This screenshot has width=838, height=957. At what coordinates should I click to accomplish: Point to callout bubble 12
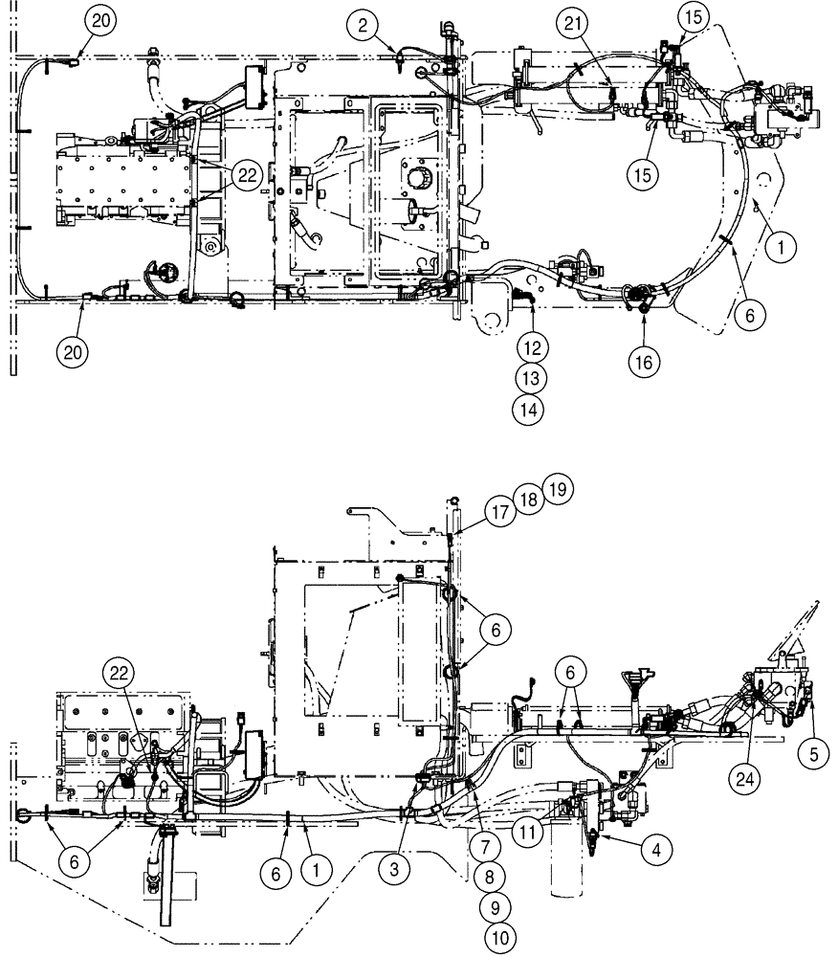pyautogui.click(x=537, y=343)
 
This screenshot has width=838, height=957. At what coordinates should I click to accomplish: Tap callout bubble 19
pyautogui.click(x=559, y=490)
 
